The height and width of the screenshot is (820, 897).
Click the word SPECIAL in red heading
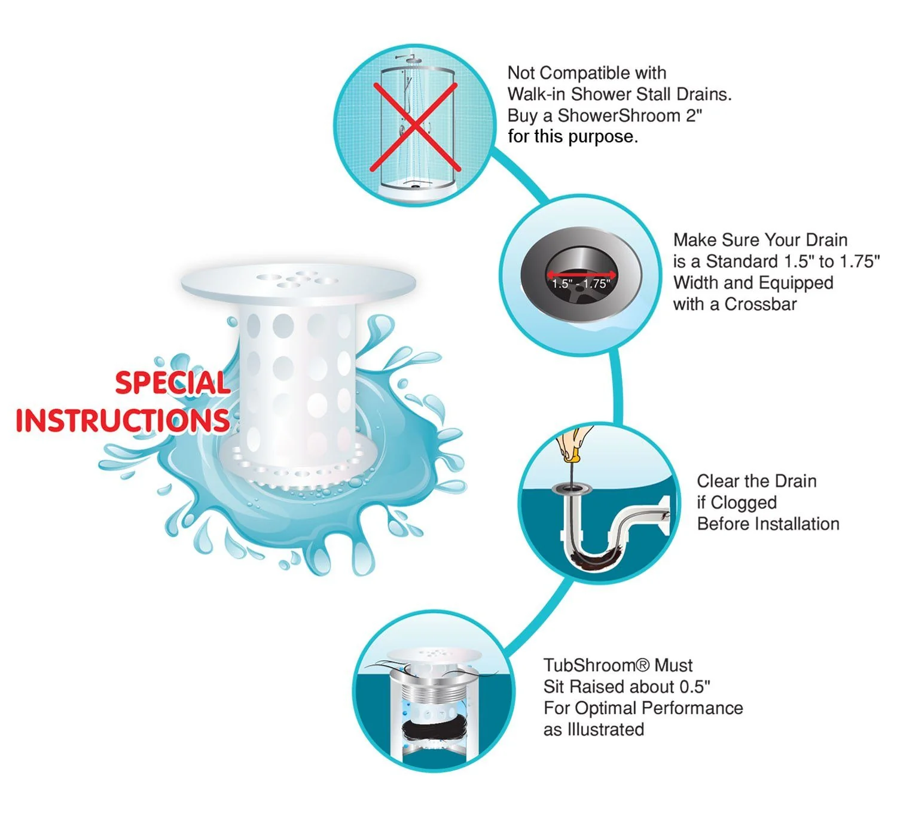173,383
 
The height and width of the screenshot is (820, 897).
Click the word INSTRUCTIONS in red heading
123,420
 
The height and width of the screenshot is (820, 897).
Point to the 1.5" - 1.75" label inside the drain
581,284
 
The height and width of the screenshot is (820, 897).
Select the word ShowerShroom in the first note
619,115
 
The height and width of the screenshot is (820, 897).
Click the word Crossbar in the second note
760,304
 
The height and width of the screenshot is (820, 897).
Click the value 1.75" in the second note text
859,261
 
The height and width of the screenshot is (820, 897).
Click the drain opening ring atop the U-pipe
572,489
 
